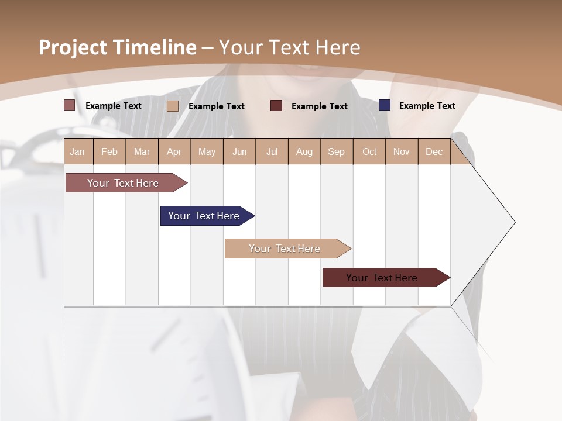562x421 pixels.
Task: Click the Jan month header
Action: pos(77,151)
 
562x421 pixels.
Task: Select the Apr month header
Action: pos(174,151)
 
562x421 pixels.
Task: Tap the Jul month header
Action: pos(272,151)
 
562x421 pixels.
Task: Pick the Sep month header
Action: pos(336,151)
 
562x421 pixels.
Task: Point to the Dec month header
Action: pos(434,151)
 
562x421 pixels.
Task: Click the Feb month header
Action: pos(109,151)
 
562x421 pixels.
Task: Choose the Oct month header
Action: pos(369,151)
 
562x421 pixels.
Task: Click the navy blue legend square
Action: pos(385,105)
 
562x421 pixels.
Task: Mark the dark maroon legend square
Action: pos(276,106)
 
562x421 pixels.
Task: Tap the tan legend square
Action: pos(173,106)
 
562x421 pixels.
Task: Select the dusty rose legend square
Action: pos(69,105)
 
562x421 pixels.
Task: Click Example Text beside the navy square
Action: pos(427,105)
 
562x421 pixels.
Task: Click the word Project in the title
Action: pos(74,47)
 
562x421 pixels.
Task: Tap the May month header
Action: pos(207,151)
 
